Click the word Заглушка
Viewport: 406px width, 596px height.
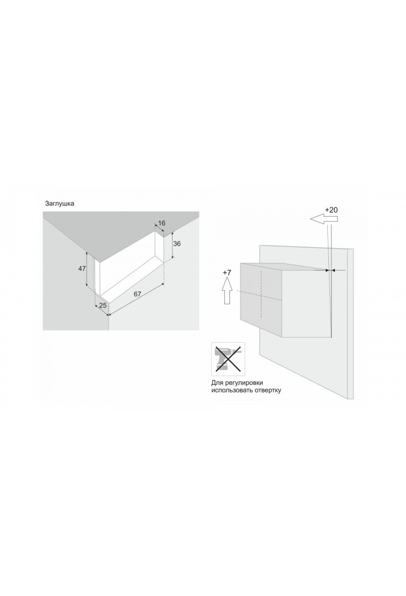59,204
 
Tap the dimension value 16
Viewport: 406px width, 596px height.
161,223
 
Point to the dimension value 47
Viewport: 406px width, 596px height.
82,269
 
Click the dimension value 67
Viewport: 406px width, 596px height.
137,294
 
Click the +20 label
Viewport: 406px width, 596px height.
331,210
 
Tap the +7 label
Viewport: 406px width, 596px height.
227,273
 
